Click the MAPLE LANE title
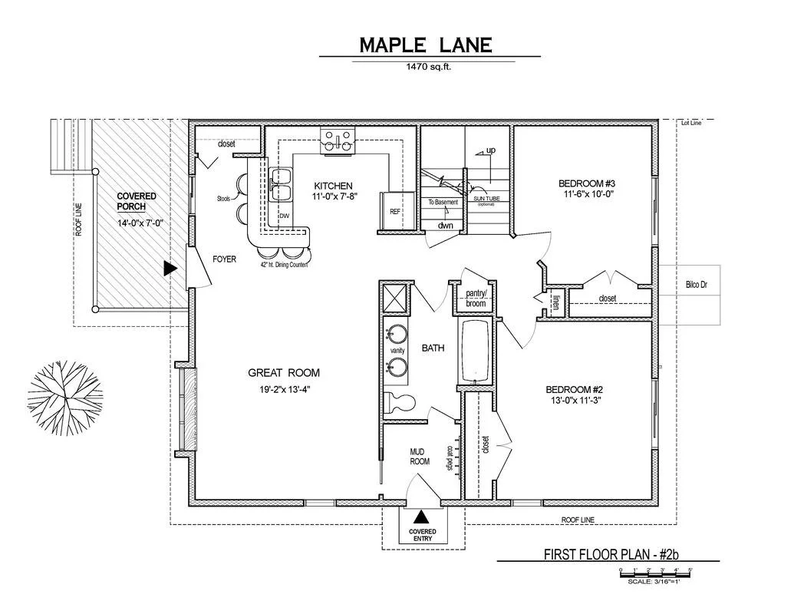click(426, 45)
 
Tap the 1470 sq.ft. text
click(429, 67)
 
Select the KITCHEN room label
click(333, 186)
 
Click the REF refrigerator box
click(395, 211)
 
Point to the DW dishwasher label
click(283, 216)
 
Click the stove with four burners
click(339, 140)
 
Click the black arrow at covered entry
click(421, 520)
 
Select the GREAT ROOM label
click(283, 373)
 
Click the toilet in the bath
click(400, 401)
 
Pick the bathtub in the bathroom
click(476, 351)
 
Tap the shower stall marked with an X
click(396, 297)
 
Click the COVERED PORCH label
click(137, 201)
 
